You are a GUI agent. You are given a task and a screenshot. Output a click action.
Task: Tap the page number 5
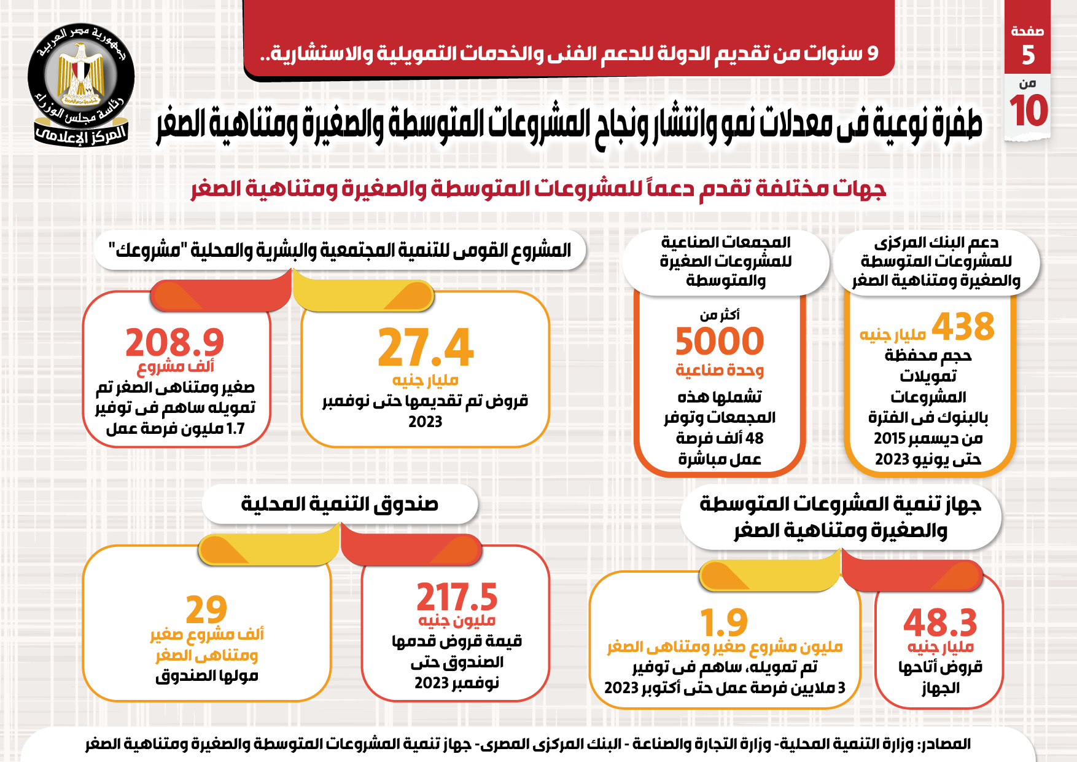pyautogui.click(x=1028, y=55)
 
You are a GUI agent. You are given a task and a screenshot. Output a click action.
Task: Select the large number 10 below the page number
pyautogui.click(x=1028, y=111)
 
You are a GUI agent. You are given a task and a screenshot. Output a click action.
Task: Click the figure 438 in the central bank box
pyautogui.click(x=963, y=327)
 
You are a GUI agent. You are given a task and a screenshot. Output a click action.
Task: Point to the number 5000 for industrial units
pyautogui.click(x=720, y=342)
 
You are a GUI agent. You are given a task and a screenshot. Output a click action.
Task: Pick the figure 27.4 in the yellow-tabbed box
pyautogui.click(x=426, y=348)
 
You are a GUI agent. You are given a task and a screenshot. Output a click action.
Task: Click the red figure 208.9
pyautogui.click(x=175, y=342)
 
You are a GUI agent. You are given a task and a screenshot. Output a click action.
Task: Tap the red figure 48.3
pyautogui.click(x=940, y=623)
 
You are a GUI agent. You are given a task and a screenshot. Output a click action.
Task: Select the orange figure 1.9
pyautogui.click(x=724, y=623)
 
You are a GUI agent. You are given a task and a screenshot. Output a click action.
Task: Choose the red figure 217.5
pyautogui.click(x=457, y=597)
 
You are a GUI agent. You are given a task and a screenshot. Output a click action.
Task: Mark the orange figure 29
pyautogui.click(x=206, y=610)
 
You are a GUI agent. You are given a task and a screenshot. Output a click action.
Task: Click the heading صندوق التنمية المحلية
pyautogui.click(x=340, y=505)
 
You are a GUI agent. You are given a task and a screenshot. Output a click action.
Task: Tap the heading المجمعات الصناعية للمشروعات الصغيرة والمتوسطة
pyautogui.click(x=726, y=262)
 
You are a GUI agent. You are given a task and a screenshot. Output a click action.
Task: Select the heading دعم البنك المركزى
pyautogui.click(x=936, y=262)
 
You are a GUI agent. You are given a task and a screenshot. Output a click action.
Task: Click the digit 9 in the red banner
pyautogui.click(x=873, y=53)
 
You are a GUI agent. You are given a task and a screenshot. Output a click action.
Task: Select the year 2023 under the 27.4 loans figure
pyautogui.click(x=425, y=422)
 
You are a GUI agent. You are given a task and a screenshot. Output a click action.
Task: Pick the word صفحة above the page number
pyautogui.click(x=1027, y=31)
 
